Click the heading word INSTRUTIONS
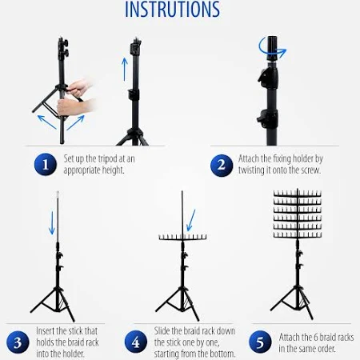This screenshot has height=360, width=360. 173,10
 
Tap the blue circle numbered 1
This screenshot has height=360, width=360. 46,165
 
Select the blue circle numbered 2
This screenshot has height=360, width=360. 222,166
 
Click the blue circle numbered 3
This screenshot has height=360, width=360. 18,342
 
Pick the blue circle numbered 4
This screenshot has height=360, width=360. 136,342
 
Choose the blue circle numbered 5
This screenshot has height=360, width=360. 260,342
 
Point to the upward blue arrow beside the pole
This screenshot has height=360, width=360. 125,70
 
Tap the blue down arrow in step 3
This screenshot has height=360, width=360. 52,223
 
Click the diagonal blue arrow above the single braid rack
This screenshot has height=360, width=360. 191,220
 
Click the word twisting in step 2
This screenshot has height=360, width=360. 251,170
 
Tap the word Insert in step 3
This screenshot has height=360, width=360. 46,331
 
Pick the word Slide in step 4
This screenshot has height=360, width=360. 162,331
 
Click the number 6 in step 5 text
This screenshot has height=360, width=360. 314,338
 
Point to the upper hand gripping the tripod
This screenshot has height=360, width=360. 79,86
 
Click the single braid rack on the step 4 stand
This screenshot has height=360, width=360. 182,237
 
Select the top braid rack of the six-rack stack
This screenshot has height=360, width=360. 298,194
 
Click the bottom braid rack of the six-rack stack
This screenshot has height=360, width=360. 298,234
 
